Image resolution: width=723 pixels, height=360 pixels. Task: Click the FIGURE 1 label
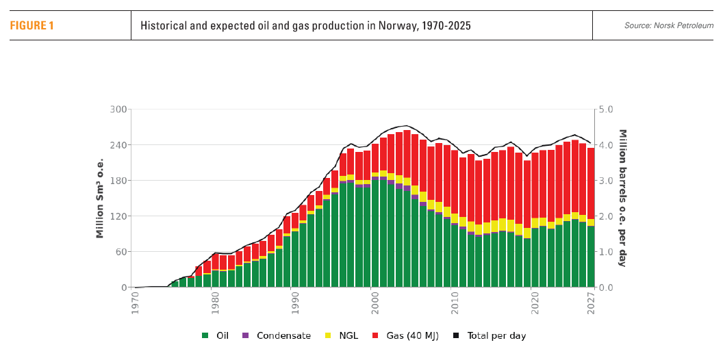point(31,26)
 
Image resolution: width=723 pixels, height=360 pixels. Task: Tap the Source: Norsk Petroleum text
point(668,26)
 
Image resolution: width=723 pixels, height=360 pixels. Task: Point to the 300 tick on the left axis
point(119,110)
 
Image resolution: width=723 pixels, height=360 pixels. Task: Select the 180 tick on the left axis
point(119,181)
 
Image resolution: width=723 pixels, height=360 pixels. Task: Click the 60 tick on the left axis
point(122,252)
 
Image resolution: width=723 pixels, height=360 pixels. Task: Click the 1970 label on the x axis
point(136,302)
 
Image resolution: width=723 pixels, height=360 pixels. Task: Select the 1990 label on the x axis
point(294,302)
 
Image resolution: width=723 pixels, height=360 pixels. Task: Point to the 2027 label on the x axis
point(591,302)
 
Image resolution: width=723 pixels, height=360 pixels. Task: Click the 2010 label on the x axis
point(454,302)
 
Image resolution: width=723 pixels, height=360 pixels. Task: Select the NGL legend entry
point(345,336)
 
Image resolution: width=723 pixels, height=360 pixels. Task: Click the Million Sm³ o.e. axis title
point(100,198)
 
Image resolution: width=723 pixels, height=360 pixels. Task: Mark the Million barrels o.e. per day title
point(623,198)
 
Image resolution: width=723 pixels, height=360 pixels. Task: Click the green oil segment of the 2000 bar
point(375,233)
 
